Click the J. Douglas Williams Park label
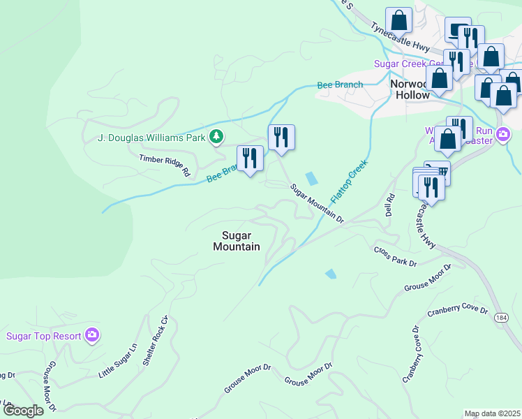coord(153,136)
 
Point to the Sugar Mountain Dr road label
coord(318,203)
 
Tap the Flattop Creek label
coord(349,181)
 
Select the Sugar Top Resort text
coord(43,336)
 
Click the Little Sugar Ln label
coord(117,360)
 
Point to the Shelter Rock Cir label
coord(156,341)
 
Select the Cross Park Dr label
coord(395,256)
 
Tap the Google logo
coord(24,410)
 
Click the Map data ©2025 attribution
coord(492,413)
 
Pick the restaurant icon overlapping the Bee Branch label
coord(250,159)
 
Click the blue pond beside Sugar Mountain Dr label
coord(312,178)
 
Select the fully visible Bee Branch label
coord(340,85)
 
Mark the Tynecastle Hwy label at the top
coord(400,38)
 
